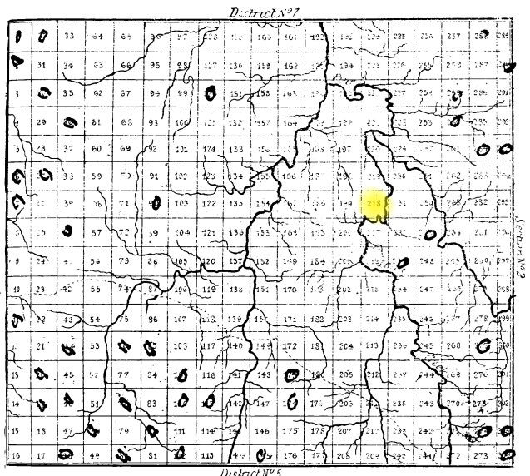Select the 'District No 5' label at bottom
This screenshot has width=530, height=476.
coord(252,470)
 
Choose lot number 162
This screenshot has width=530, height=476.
coord(290,65)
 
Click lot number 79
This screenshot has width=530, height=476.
coord(125,431)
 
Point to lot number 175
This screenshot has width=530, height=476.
coord(290,431)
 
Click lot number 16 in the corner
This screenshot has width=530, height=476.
coord(16,455)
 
